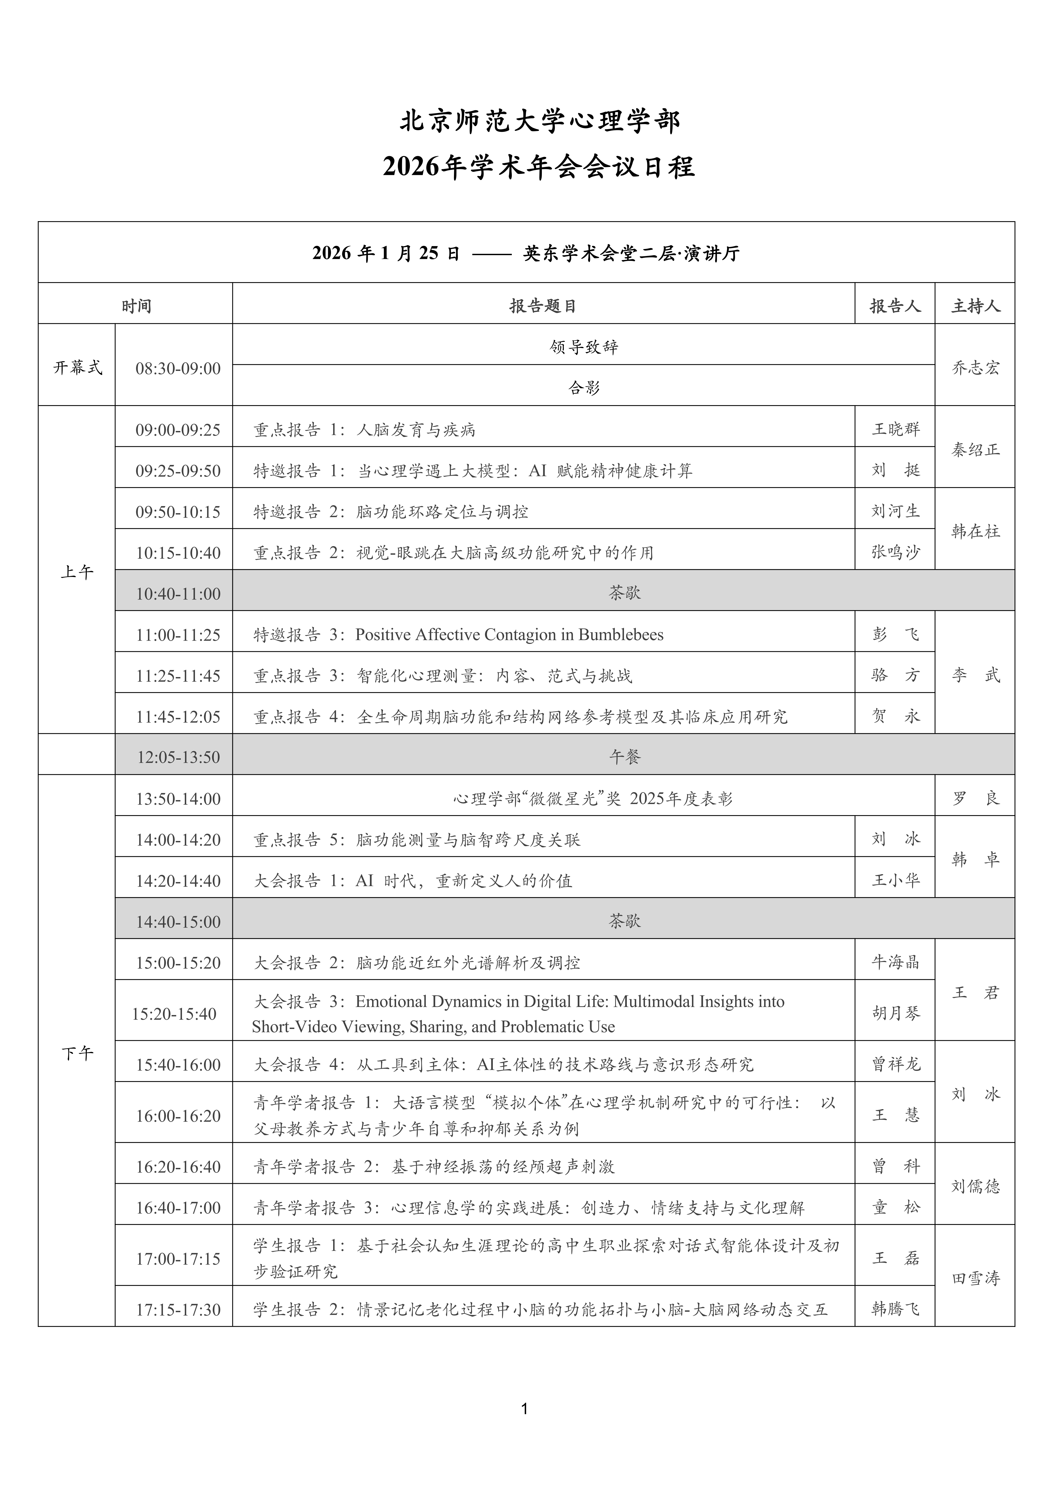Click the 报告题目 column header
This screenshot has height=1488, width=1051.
pos(543,306)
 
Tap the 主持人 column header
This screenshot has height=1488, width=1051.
pos(975,306)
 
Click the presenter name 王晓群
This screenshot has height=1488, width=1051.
pos(896,429)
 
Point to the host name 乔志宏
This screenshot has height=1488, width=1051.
pos(975,368)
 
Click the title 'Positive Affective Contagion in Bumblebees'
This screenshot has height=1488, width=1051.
pos(509,634)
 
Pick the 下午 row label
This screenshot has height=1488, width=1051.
pos(77,1054)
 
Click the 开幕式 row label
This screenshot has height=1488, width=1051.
pos(77,368)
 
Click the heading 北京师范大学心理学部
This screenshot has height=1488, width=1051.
pos(540,122)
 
